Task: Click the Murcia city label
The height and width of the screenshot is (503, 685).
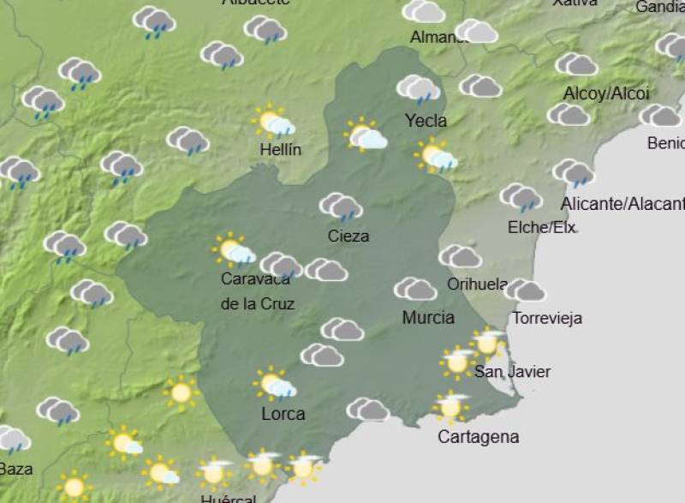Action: tap(428, 318)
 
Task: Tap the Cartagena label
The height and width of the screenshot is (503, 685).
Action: tap(478, 437)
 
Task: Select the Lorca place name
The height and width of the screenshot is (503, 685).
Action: tap(283, 414)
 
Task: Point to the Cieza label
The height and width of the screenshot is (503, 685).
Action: tap(348, 236)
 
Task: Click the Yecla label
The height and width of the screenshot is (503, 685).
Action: tap(426, 121)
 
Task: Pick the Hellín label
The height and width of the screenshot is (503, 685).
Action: tap(281, 150)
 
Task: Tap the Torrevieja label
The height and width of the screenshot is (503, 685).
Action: tap(547, 318)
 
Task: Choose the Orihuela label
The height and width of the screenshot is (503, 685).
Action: tap(477, 284)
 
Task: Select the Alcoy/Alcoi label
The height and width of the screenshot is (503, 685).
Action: tap(606, 93)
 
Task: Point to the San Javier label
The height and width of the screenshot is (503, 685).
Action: tap(512, 371)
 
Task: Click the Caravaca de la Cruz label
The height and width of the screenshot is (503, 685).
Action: tap(258, 291)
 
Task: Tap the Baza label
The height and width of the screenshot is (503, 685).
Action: tap(15, 469)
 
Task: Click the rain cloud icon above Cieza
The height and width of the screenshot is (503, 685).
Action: tap(341, 207)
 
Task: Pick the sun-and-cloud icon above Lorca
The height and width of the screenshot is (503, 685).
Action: tap(276, 384)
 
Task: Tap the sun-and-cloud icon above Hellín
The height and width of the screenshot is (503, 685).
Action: tap(275, 123)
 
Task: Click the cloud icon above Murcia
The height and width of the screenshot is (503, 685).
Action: tap(415, 290)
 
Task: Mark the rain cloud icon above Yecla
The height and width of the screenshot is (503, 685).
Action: tap(418, 88)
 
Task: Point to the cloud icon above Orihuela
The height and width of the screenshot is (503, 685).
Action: tap(461, 256)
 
